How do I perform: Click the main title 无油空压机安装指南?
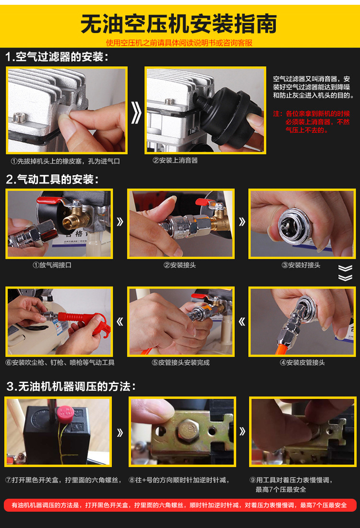coord(179,24)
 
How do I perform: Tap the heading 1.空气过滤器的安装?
coord(57,57)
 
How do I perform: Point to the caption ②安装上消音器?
coord(175,160)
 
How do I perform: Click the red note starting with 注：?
coord(312,121)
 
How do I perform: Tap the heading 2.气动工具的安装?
coord(52,179)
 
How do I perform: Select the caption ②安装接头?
coord(180,265)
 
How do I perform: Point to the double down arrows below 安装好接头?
coord(345,273)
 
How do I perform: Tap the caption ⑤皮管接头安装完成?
coord(180,362)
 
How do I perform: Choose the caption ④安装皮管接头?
coord(302,362)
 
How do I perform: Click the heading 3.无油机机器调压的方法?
coord(71,386)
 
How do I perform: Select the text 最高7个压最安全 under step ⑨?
coord(281,489)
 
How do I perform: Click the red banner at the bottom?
coord(180,505)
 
